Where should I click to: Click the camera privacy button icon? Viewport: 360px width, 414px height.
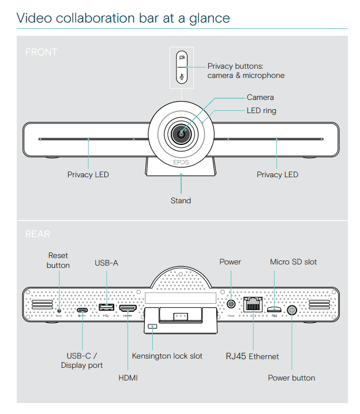click(181, 58)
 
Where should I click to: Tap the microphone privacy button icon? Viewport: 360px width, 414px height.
click(181, 76)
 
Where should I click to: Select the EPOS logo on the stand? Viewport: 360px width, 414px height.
click(181, 162)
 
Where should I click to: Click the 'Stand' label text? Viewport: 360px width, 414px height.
click(181, 201)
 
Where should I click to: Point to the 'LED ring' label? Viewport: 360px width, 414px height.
click(261, 110)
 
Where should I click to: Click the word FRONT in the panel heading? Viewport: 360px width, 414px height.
click(41, 52)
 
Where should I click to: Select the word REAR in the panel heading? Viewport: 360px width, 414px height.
click(38, 234)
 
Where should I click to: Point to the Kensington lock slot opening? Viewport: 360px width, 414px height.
click(152, 327)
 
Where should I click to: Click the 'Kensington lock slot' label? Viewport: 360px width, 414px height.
click(167, 356)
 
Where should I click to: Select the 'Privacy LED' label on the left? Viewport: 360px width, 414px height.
click(88, 174)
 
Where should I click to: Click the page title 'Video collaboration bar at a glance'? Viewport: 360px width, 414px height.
click(123, 18)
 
